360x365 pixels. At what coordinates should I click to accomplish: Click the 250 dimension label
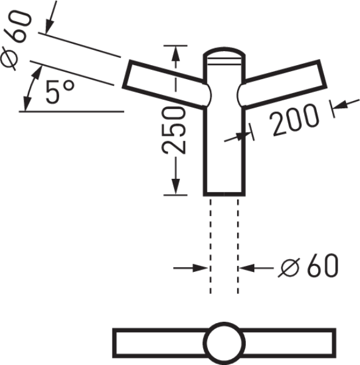click(x=173, y=130)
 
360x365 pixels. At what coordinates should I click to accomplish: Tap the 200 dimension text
click(x=294, y=120)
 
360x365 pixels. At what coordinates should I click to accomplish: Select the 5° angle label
click(x=60, y=92)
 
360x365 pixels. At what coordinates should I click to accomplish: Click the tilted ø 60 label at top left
click(x=16, y=40)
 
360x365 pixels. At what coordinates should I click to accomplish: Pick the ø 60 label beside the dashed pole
click(x=308, y=266)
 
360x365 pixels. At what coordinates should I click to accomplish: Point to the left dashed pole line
click(x=210, y=246)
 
